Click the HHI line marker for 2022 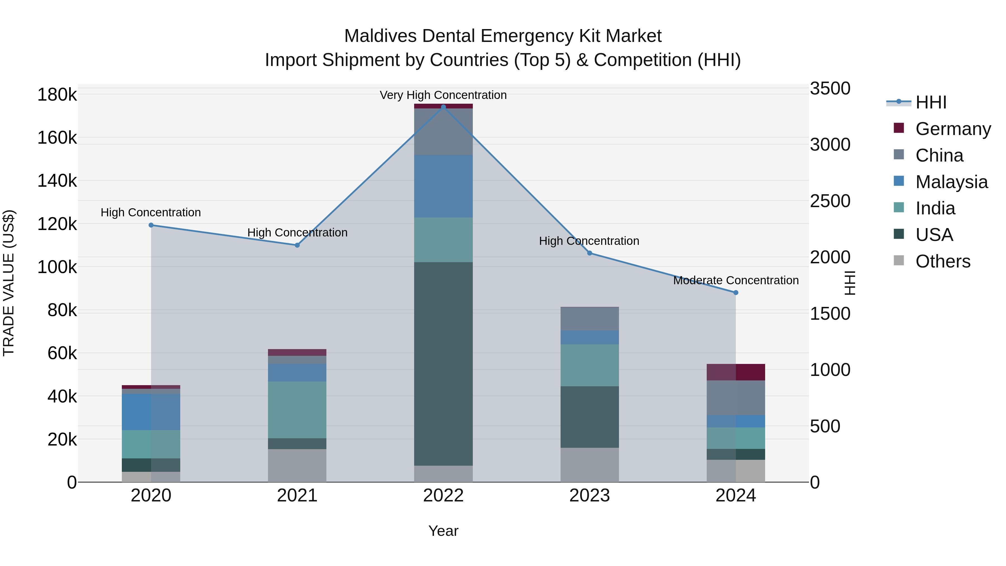(443, 107)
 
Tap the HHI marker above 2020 (151, 225)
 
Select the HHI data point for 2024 (736, 293)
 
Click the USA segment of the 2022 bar (443, 363)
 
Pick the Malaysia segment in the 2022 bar (443, 186)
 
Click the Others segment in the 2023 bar (589, 465)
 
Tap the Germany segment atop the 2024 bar (736, 372)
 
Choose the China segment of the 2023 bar (589, 319)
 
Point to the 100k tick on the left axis (57, 267)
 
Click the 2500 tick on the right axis (830, 201)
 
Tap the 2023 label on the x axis (589, 496)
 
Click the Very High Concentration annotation (443, 95)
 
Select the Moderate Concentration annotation (736, 280)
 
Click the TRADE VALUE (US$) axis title (9, 283)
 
